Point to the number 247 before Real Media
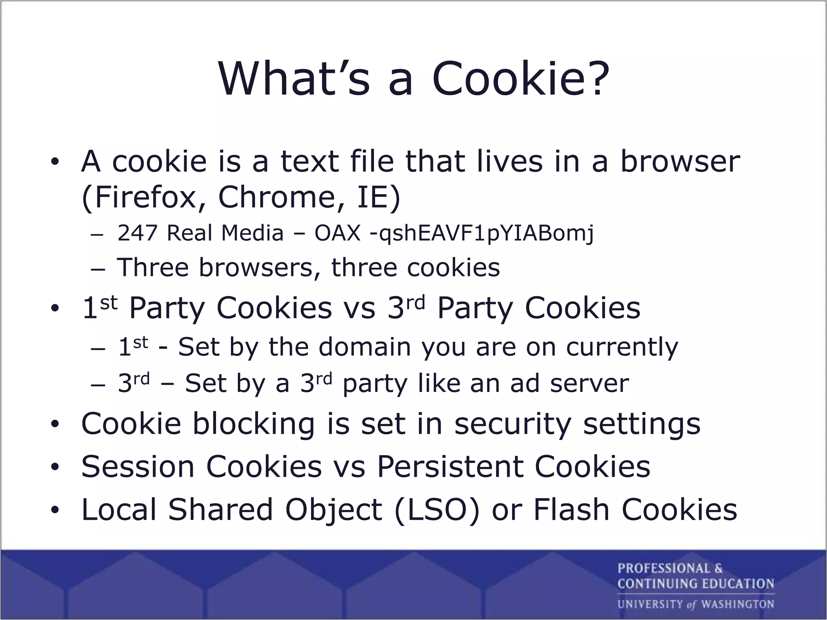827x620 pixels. coord(137,233)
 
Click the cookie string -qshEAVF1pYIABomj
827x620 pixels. coord(482,234)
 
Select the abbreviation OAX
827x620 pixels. coord(337,233)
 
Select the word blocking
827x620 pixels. coord(253,424)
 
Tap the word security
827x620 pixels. coord(513,424)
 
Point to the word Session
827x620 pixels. coord(138,467)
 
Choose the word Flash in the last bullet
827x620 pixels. coord(571,509)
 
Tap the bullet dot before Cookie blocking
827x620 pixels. coord(55,424)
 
